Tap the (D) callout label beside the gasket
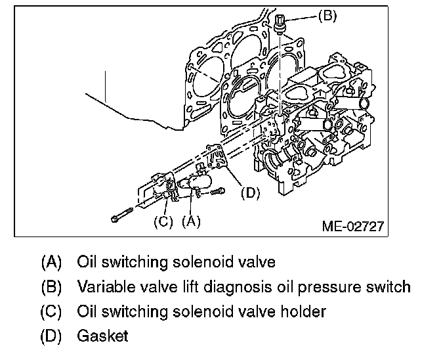(x=251, y=193)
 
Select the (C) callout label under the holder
(x=163, y=221)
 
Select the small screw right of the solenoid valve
(x=218, y=191)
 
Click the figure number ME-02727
(x=352, y=227)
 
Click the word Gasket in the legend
(x=102, y=336)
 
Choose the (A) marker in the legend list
(x=51, y=262)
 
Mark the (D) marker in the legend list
(x=51, y=336)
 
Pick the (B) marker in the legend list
(x=51, y=287)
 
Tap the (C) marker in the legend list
(x=51, y=311)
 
